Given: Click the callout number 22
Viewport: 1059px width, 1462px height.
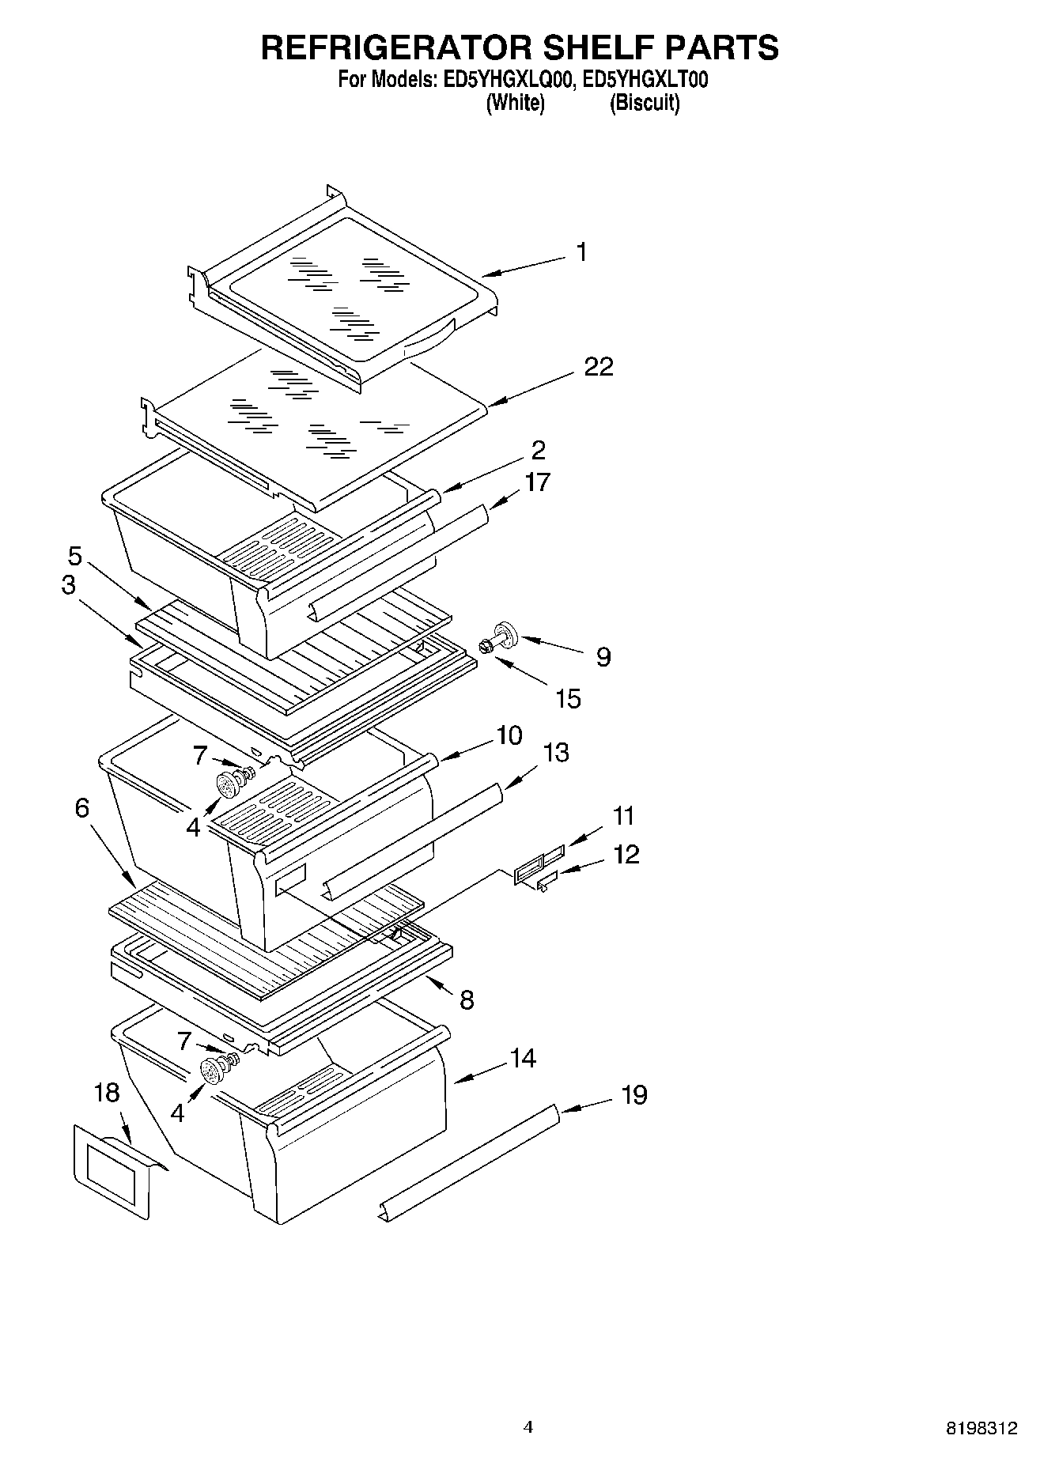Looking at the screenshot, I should (598, 367).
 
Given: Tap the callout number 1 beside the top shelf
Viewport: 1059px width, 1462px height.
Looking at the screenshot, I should (582, 252).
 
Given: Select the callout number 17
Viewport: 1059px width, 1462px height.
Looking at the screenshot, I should (537, 482).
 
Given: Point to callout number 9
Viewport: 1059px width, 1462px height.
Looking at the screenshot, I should (603, 657).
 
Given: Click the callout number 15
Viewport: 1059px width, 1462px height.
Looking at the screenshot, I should (568, 699).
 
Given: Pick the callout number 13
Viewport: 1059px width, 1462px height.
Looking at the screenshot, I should (556, 753).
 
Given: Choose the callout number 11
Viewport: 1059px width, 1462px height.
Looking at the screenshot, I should (623, 815).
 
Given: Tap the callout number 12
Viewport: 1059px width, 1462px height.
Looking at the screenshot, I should (626, 855).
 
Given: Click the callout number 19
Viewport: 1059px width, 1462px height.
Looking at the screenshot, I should (634, 1095).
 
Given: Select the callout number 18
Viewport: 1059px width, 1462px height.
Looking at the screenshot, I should (107, 1094).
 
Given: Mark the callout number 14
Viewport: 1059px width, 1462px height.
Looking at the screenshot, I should (523, 1058).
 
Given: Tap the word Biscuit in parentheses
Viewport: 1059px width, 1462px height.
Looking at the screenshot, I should (645, 103).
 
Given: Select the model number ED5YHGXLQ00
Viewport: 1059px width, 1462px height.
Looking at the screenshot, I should (505, 80).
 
